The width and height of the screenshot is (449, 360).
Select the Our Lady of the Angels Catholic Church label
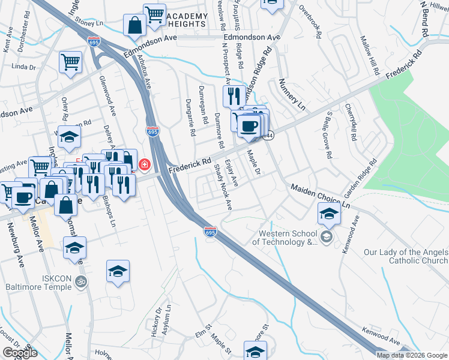point(406,256)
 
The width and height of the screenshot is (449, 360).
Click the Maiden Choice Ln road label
point(320,196)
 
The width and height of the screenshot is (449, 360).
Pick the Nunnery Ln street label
point(292,96)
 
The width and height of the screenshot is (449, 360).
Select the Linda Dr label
point(21,66)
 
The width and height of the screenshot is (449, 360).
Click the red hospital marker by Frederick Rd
point(145,164)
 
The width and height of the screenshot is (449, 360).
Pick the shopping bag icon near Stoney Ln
point(134,26)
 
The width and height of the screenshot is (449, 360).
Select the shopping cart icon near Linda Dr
point(70,62)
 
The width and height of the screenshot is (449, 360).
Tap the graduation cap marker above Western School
point(328,214)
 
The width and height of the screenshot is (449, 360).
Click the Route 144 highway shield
point(270,135)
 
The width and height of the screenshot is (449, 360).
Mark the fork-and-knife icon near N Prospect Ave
point(234,96)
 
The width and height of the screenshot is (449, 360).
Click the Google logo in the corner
point(20,353)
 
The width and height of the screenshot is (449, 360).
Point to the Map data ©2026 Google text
point(412,355)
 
